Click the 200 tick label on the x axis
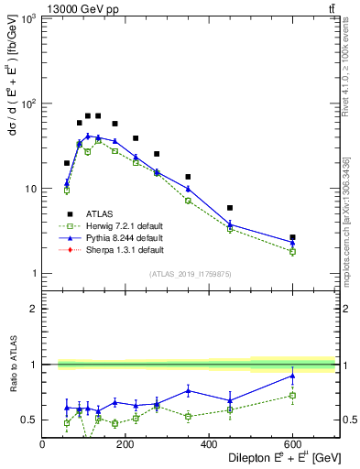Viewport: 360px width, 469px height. [x=125, y=444]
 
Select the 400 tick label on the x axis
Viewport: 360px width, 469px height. [x=209, y=444]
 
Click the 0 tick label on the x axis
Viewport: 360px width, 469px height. [x=43, y=444]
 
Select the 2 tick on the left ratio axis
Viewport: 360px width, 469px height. [x=36, y=309]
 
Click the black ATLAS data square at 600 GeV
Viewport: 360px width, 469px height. [x=292, y=237]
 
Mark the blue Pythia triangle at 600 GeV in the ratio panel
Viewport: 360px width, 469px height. [x=292, y=376]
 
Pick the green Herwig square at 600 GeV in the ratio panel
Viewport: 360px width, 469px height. [x=292, y=396]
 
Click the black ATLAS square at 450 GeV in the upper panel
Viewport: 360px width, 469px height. [x=230, y=208]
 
